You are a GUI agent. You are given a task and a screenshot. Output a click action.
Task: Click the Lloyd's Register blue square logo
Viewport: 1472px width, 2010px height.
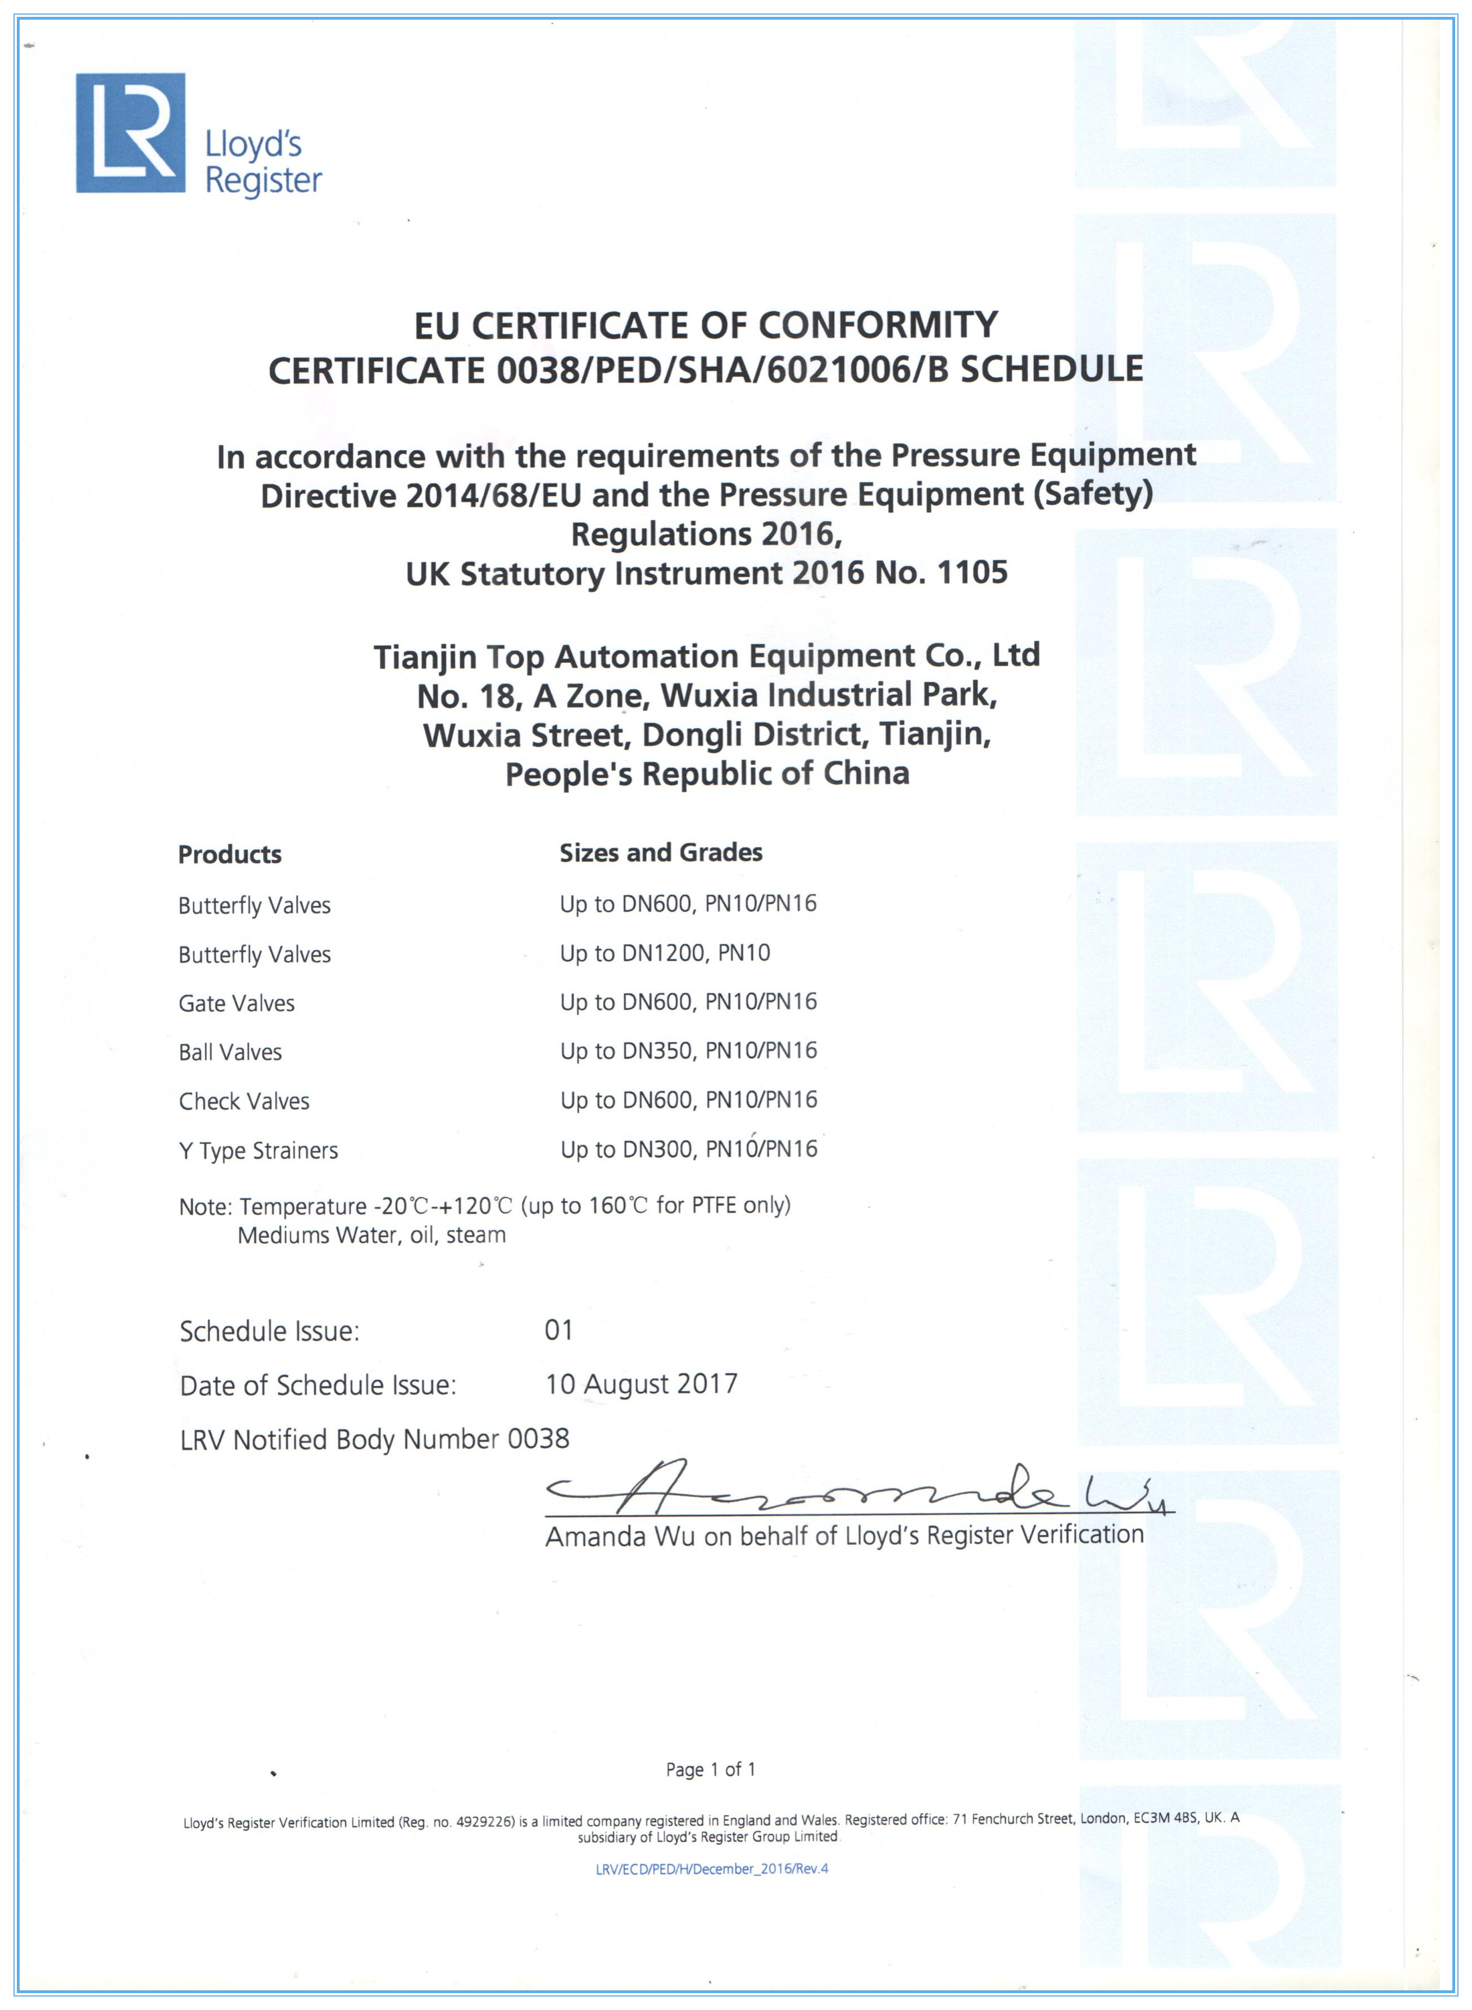(x=130, y=133)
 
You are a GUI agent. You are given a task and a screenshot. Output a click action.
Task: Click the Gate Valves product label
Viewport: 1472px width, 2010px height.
(x=236, y=1004)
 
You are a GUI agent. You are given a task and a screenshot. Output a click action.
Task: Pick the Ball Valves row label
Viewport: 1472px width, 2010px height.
(x=230, y=1053)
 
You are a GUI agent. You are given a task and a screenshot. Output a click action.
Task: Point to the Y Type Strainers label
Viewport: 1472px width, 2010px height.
(x=258, y=1151)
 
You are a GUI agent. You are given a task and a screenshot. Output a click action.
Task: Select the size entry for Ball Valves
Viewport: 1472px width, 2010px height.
(x=688, y=1052)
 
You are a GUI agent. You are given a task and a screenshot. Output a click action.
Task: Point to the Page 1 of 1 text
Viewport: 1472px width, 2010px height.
(x=710, y=1769)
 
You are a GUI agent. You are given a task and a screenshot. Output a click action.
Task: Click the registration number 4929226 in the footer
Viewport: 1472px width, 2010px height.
(x=485, y=1822)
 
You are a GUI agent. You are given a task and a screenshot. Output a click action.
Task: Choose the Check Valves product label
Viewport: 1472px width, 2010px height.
(x=244, y=1102)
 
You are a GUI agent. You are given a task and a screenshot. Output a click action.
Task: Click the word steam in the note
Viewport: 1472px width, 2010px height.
(x=476, y=1235)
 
